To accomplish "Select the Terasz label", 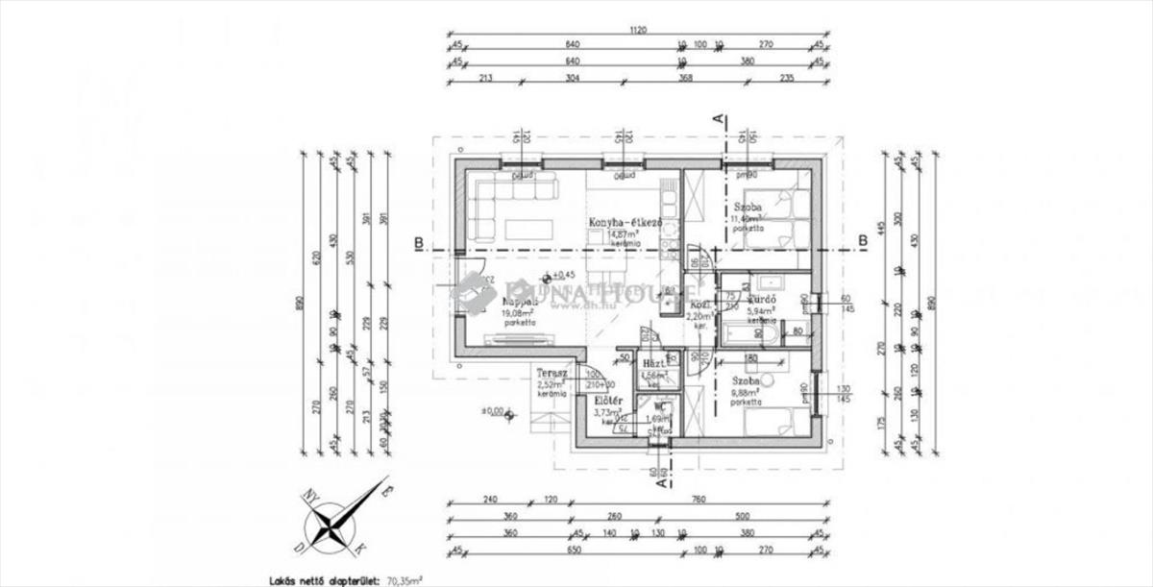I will pos(552,374).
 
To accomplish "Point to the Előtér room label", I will pos(609,400).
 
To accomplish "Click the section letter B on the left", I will pos(418,241).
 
